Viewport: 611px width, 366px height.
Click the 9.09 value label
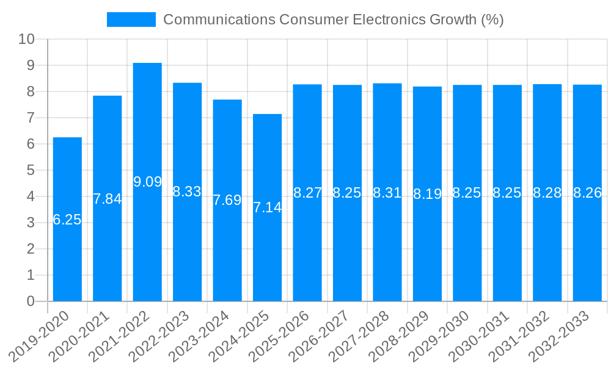147,182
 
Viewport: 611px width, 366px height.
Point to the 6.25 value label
67,220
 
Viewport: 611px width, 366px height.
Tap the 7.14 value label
268,207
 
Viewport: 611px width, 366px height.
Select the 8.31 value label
387,193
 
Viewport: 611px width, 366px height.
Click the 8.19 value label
427,194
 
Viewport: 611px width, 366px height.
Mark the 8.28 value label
547,193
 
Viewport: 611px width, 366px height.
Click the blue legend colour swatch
131,20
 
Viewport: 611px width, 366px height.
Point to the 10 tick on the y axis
26,40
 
